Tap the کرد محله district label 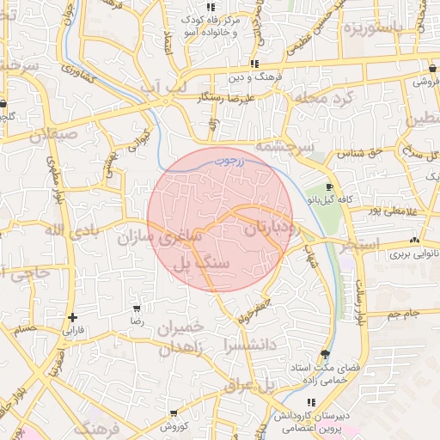pos(323,99)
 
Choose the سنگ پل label pos(202,265)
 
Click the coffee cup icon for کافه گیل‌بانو pos(330,186)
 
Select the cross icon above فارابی pos(72,317)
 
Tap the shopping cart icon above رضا pos(136,308)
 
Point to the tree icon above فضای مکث pos(324,354)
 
